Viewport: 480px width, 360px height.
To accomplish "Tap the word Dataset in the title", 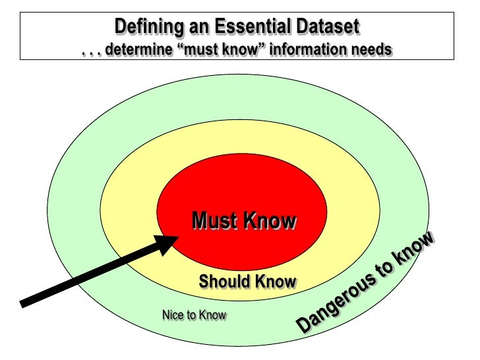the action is pyautogui.click(x=328, y=28).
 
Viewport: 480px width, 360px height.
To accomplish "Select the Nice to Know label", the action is pyautogui.click(x=194, y=316).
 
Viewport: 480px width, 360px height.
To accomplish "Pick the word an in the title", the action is pyautogui.click(x=203, y=28).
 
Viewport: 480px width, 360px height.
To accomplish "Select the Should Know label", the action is pyautogui.click(x=247, y=282).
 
